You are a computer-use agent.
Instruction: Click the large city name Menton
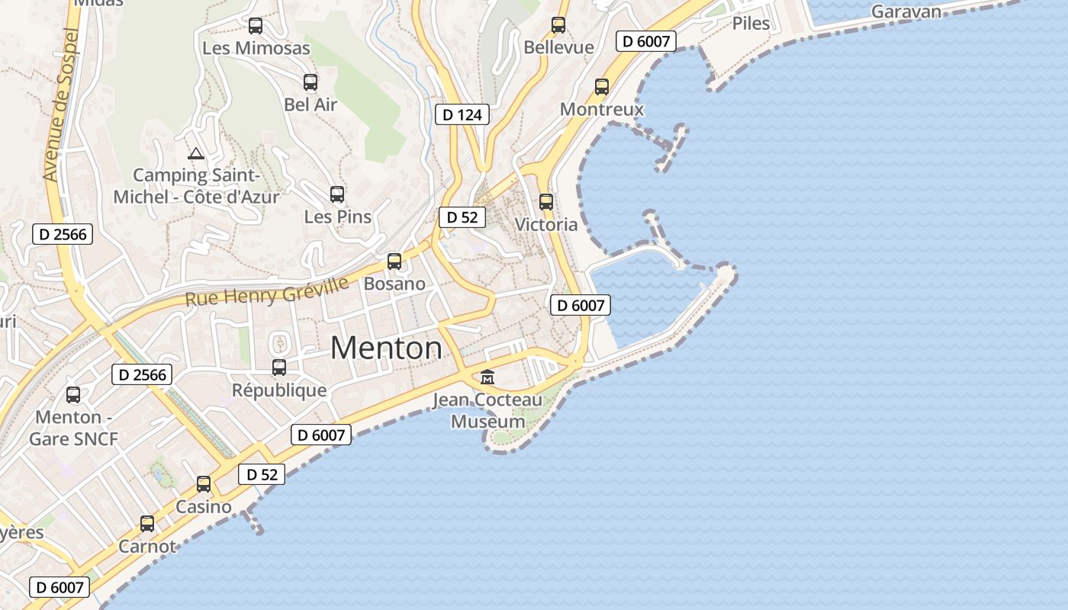[x=386, y=348]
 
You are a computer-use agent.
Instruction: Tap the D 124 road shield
[x=462, y=115]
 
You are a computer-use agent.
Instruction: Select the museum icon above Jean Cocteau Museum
[x=487, y=377]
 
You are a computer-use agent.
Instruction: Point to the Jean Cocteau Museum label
[x=487, y=410]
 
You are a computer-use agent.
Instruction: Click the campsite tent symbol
[x=196, y=154]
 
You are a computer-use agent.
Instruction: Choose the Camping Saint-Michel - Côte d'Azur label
[x=196, y=186]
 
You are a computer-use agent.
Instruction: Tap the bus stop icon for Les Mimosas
[x=256, y=26]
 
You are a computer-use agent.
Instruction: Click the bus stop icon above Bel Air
[x=310, y=82]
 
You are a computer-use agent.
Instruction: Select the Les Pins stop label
[x=338, y=217]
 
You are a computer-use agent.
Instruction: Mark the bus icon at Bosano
[x=394, y=262]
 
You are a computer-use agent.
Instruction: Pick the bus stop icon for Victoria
[x=546, y=202]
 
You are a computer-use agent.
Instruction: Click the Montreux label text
[x=602, y=109]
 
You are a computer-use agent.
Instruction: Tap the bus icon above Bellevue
[x=558, y=25]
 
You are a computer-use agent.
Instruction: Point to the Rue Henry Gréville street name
[x=266, y=291]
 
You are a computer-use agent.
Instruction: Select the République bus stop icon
[x=279, y=368]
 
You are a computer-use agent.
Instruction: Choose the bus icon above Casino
[x=204, y=484]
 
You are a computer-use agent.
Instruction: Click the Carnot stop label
[x=147, y=546]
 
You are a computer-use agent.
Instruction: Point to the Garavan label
[x=906, y=11]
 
